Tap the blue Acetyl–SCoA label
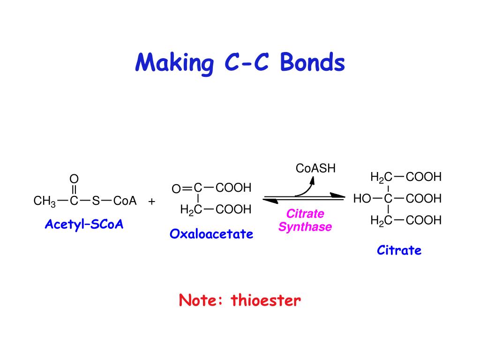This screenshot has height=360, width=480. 84,225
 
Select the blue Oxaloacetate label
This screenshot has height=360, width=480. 211,233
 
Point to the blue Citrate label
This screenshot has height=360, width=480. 399,250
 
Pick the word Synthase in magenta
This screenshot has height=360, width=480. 305,227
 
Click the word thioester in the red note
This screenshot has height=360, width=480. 266,300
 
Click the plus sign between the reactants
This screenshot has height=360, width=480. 151,202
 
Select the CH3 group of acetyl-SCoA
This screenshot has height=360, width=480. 45,202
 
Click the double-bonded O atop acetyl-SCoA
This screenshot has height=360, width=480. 74,179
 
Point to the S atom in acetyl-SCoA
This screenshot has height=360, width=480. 96,201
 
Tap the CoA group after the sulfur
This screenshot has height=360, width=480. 125,201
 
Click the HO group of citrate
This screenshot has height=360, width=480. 362,199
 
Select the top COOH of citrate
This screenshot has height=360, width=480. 424,177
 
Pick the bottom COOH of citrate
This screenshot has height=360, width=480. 424,220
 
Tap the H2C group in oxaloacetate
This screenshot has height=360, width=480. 191,210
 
